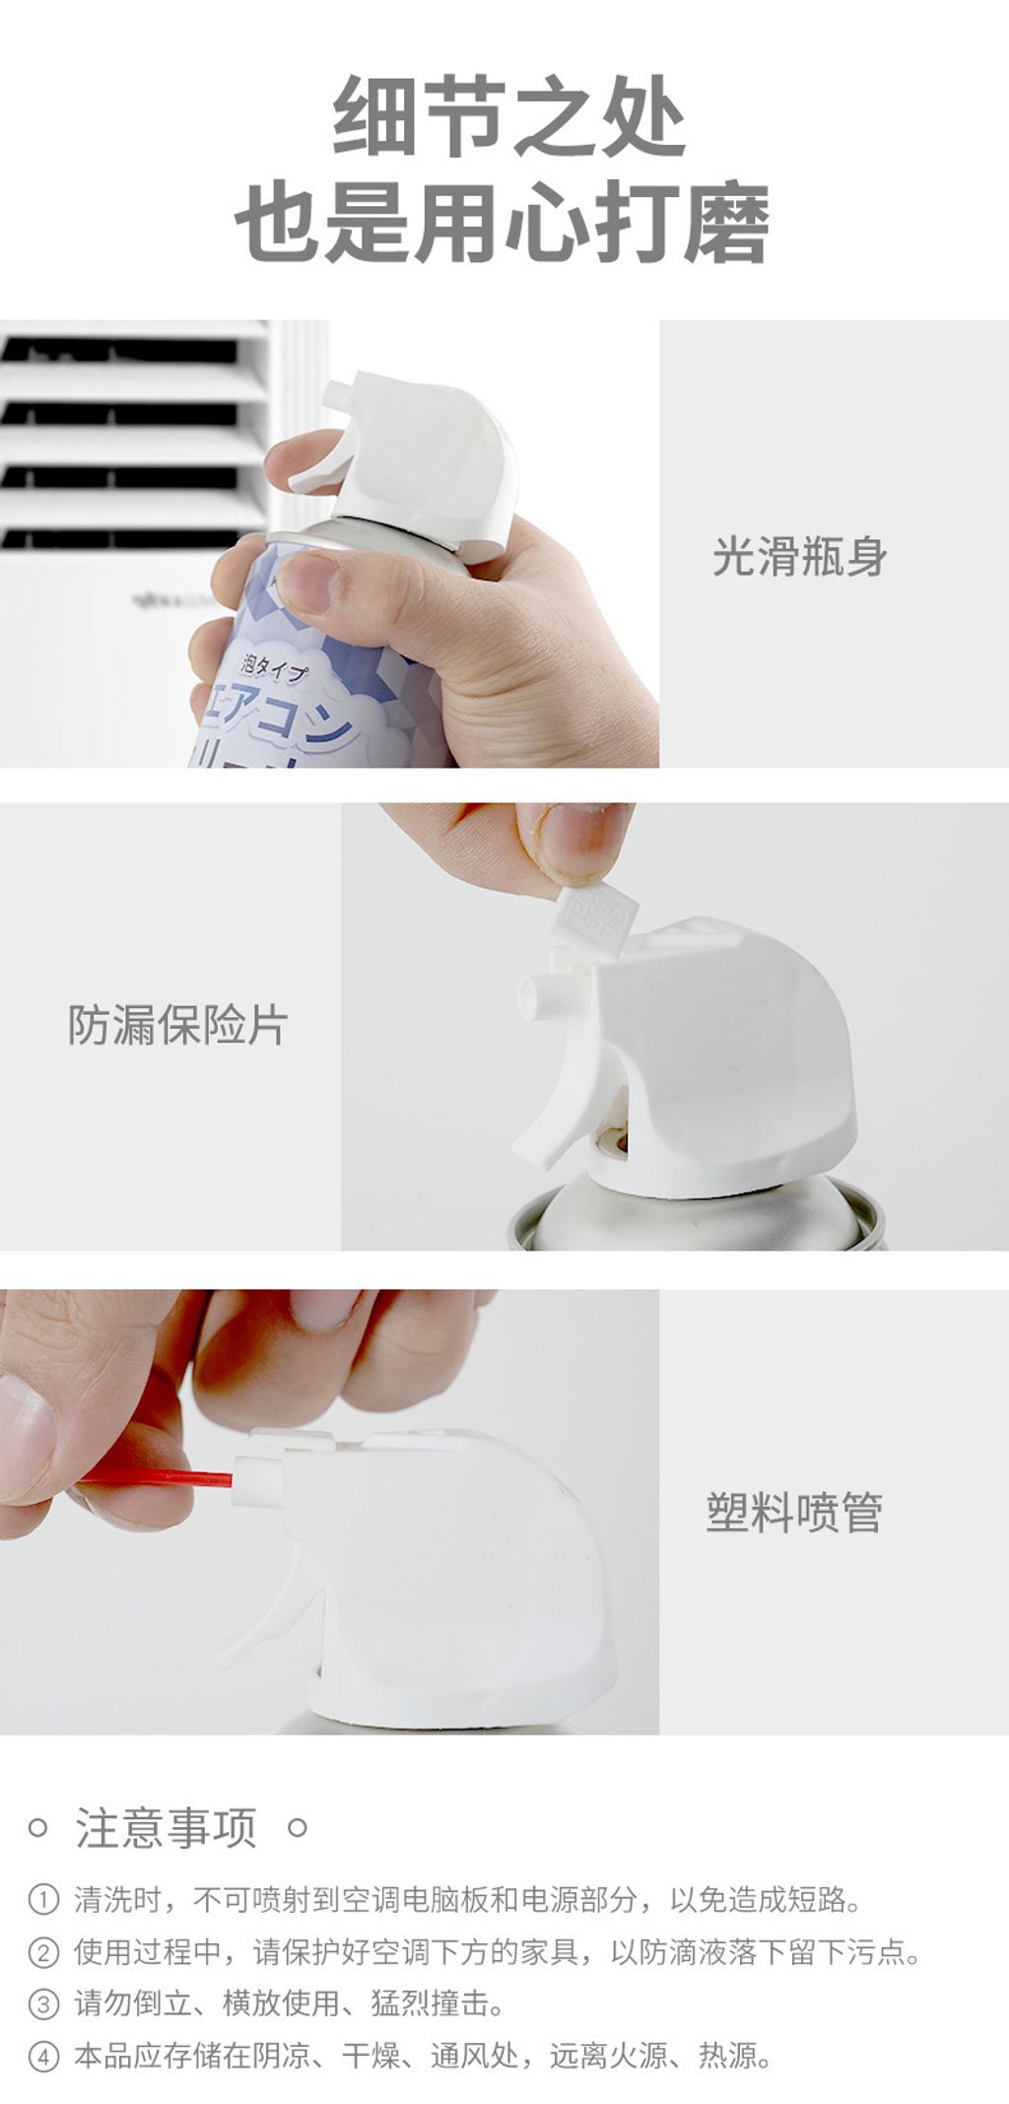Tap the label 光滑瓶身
[x=799, y=557]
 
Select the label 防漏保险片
[x=177, y=1025]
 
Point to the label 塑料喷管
[x=794, y=1512]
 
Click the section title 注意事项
[x=167, y=1828]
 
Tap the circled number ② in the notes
[x=43, y=1951]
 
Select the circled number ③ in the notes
[x=43, y=2003]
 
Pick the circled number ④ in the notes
[x=43, y=2056]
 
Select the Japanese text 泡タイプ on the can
[x=275, y=671]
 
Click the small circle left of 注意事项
[x=37, y=1828]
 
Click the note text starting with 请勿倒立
[x=290, y=2003]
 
